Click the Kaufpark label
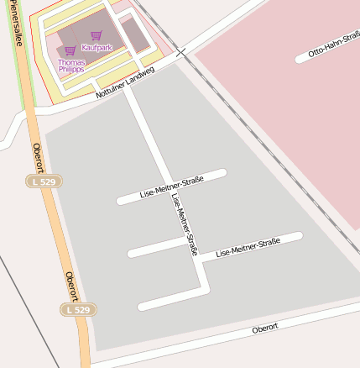[97, 48]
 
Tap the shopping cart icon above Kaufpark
[97, 36]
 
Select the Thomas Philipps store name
[71, 66]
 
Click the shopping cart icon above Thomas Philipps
[70, 51]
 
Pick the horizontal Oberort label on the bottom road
[264, 328]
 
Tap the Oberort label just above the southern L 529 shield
[71, 287]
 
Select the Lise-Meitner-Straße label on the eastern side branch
[248, 246]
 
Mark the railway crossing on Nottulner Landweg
[181, 53]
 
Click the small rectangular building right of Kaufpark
[134, 33]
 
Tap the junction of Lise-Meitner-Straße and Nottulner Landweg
[129, 87]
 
